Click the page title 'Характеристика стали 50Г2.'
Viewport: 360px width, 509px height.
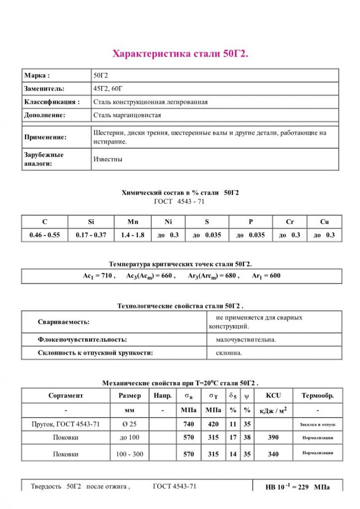[180, 53]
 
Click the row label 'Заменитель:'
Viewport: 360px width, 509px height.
[44, 88]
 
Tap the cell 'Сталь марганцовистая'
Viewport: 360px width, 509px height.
[127, 115]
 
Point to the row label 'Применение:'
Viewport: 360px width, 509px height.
[45, 137]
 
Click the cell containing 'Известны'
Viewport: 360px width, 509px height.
[108, 159]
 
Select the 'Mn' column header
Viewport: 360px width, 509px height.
[132, 222]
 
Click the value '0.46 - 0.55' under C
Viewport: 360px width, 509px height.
[45, 235]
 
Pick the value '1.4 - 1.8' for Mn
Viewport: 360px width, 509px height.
[132, 235]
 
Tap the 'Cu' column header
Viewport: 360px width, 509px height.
[324, 222]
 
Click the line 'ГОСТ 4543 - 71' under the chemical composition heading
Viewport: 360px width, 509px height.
[180, 201]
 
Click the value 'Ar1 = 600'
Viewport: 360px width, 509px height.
[266, 276]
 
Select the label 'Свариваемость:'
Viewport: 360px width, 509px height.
[64, 322]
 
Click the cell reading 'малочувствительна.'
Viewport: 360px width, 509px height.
[246, 339]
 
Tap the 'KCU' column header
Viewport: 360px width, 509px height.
[273, 396]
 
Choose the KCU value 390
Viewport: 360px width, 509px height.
[273, 437]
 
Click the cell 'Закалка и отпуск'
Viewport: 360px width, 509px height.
[318, 424]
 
